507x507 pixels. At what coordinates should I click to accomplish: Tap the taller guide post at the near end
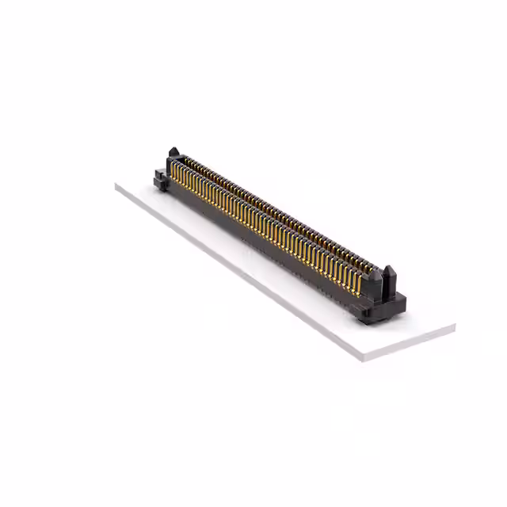[x=389, y=280]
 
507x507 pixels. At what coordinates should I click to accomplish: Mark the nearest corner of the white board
[x=365, y=358]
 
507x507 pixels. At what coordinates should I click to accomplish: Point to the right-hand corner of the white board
[x=455, y=325]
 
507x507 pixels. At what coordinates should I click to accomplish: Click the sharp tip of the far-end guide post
[x=173, y=147]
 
